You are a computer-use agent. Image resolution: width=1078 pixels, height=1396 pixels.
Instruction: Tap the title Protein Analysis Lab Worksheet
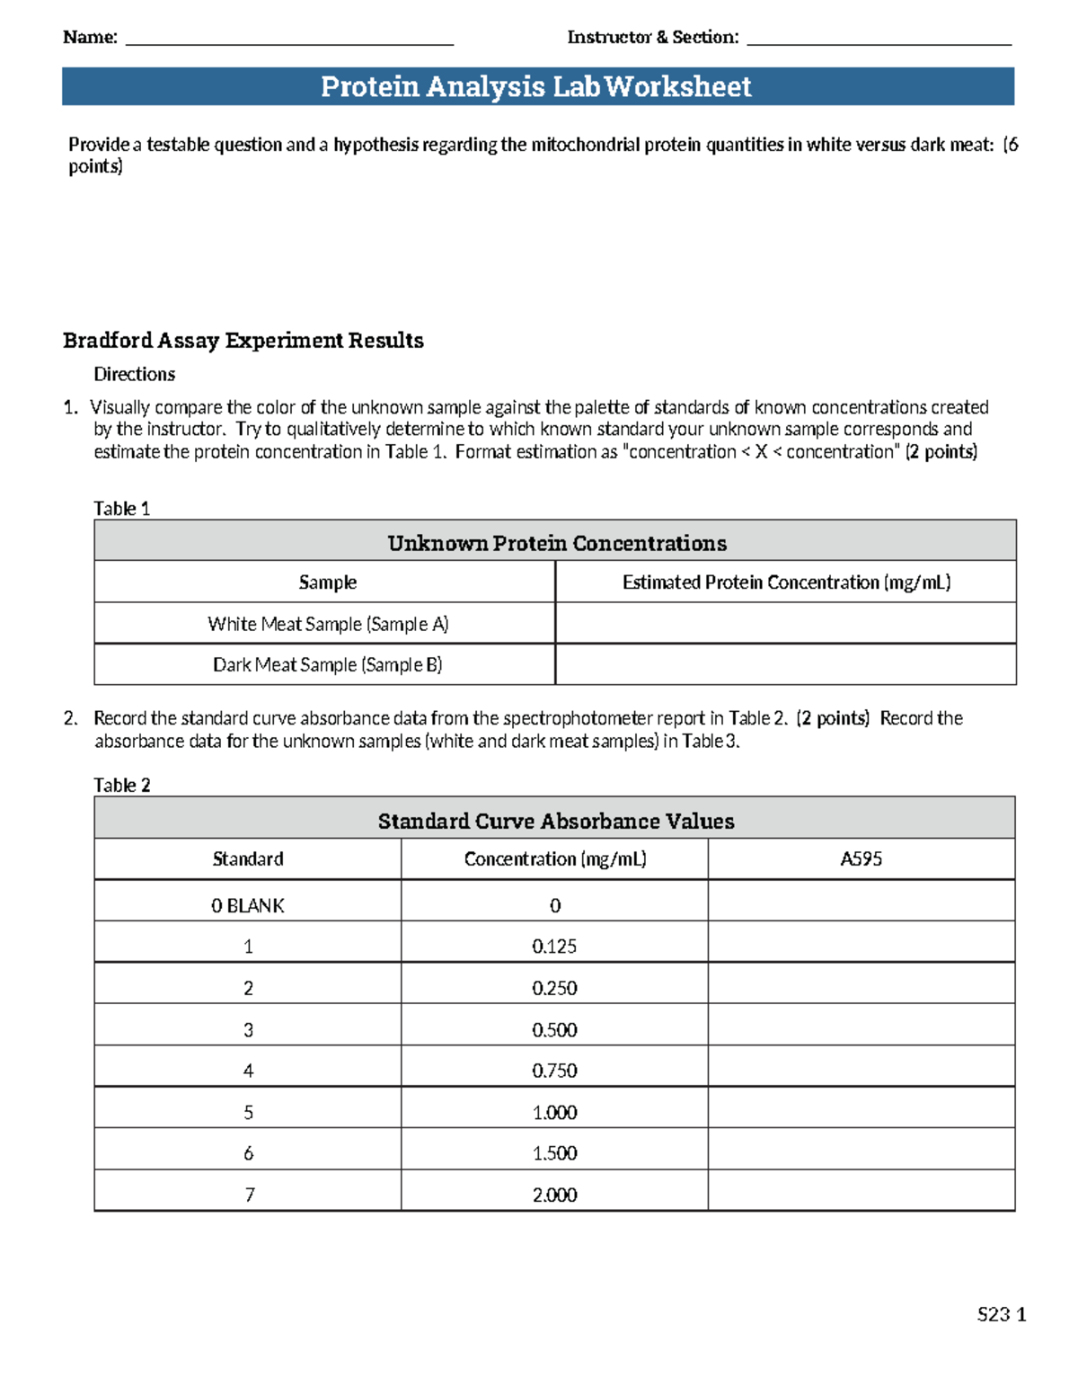coord(536,86)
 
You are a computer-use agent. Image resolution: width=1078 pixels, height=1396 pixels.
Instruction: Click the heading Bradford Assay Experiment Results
coord(243,341)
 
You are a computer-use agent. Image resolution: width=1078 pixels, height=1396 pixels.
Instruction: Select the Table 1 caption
coord(121,509)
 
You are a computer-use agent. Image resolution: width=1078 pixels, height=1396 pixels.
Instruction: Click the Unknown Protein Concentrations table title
coord(556,543)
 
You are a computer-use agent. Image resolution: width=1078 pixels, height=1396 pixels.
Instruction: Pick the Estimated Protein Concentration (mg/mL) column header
coord(786,582)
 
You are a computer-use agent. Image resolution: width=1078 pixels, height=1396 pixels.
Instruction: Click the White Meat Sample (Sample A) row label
coord(328,624)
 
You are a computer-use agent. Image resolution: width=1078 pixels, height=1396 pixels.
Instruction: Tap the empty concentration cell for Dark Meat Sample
coord(786,665)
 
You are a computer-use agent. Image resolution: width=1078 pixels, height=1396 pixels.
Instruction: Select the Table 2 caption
coord(121,786)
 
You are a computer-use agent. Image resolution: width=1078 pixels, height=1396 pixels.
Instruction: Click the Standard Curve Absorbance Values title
coord(555,821)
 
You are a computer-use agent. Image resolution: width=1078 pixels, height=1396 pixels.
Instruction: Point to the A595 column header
coord(861,859)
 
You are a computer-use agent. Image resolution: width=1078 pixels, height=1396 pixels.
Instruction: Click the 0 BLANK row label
coord(248,906)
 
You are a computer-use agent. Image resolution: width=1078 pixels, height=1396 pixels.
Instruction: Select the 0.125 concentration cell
coord(554,947)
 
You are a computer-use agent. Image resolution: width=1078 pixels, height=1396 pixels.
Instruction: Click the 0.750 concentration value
coord(554,1071)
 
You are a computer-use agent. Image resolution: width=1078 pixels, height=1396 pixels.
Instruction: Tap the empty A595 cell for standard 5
coord(861,1112)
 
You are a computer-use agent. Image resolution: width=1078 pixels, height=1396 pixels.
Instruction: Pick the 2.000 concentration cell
coord(554,1195)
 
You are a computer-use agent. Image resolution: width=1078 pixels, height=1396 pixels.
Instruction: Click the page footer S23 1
coord(1001,1314)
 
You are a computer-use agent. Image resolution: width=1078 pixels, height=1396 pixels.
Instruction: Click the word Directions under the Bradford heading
coord(135,374)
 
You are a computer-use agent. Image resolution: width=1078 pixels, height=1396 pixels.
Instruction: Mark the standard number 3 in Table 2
coord(248,1029)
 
